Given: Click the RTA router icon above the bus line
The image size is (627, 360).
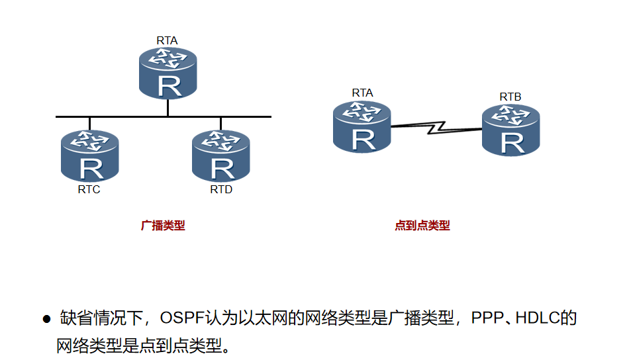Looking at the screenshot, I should coord(168,73).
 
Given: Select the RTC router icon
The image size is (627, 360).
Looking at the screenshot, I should coord(89,156).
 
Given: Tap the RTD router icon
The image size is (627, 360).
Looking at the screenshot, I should coord(220,156).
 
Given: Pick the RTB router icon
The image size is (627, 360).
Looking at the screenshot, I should coord(510,130).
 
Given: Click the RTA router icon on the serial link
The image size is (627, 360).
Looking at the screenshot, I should coord(362,126).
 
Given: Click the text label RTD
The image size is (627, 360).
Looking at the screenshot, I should coord(221,190).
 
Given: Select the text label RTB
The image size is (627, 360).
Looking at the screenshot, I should coord(510,97).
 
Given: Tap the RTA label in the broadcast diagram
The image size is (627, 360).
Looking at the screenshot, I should coord(167,40).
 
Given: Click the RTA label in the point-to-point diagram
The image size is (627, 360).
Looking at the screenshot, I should coord(362,93).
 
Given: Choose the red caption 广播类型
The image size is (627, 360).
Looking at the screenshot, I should coord(163,226).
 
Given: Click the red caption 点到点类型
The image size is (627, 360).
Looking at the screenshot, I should coord(422,226).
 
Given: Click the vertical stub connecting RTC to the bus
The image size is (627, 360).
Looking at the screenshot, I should coord(89,124).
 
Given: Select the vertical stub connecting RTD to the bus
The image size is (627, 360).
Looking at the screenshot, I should coord(220,124).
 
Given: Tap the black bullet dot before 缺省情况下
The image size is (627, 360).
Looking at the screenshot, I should coord(46,320).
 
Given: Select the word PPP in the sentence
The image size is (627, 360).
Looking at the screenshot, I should coord(486,318).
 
